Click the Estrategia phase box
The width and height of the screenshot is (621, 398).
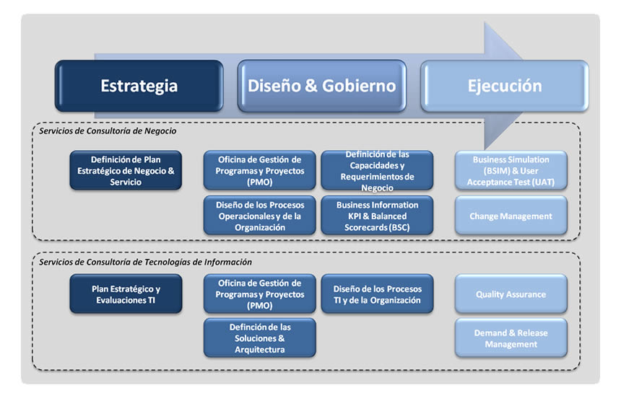pos(139,86)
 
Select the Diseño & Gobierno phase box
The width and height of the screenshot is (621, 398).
pos(321,86)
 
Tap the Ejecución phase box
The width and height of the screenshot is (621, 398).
pos(504,86)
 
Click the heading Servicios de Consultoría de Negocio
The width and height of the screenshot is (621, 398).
pos(108,131)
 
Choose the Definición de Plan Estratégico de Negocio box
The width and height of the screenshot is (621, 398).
pos(126,171)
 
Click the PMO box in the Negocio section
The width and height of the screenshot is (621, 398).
pos(259,171)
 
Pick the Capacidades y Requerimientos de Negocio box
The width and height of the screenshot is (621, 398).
pos(377,171)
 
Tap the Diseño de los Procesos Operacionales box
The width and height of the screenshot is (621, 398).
pos(259,216)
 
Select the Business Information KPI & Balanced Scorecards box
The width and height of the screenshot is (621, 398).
pos(377,216)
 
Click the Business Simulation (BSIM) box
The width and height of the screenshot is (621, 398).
pos(511,171)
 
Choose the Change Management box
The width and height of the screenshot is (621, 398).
pos(511,216)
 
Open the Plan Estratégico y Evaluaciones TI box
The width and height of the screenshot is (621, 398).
pos(126,294)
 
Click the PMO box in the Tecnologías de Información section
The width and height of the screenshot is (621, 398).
pos(259,294)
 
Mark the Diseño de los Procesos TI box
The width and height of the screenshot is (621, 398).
pos(377,294)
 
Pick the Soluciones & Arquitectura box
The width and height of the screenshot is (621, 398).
pos(259,338)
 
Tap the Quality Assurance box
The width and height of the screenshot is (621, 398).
pos(511,294)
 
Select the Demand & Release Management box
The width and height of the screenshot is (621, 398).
pos(511,338)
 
